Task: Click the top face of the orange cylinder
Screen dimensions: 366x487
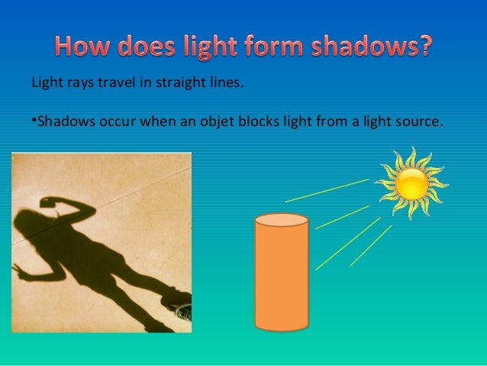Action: (x=281, y=220)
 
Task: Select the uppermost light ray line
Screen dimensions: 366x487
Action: (x=327, y=190)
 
